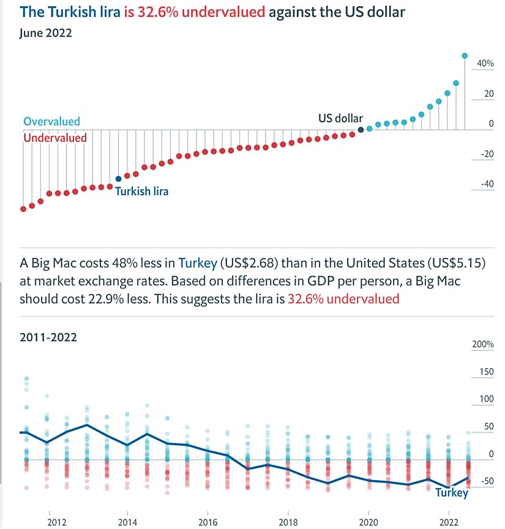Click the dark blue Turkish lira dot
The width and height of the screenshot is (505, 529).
tap(119, 179)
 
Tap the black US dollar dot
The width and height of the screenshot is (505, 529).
tap(361, 130)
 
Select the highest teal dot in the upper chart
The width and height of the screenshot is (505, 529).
tap(465, 56)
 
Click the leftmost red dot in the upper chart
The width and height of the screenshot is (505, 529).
tap(23, 209)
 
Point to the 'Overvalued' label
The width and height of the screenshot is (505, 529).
tap(51, 122)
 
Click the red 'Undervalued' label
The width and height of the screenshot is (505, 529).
tap(55, 138)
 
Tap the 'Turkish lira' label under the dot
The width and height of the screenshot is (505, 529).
tap(141, 191)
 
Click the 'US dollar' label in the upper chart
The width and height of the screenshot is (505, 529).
tap(340, 118)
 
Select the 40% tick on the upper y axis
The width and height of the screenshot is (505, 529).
tap(485, 64)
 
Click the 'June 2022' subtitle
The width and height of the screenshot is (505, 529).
tap(45, 33)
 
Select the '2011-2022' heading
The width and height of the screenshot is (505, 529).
tap(48, 337)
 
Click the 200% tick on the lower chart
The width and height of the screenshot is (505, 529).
tap(483, 345)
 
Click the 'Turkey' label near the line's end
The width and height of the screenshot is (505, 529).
tap(451, 493)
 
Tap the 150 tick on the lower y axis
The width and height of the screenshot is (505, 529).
tap(486, 372)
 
